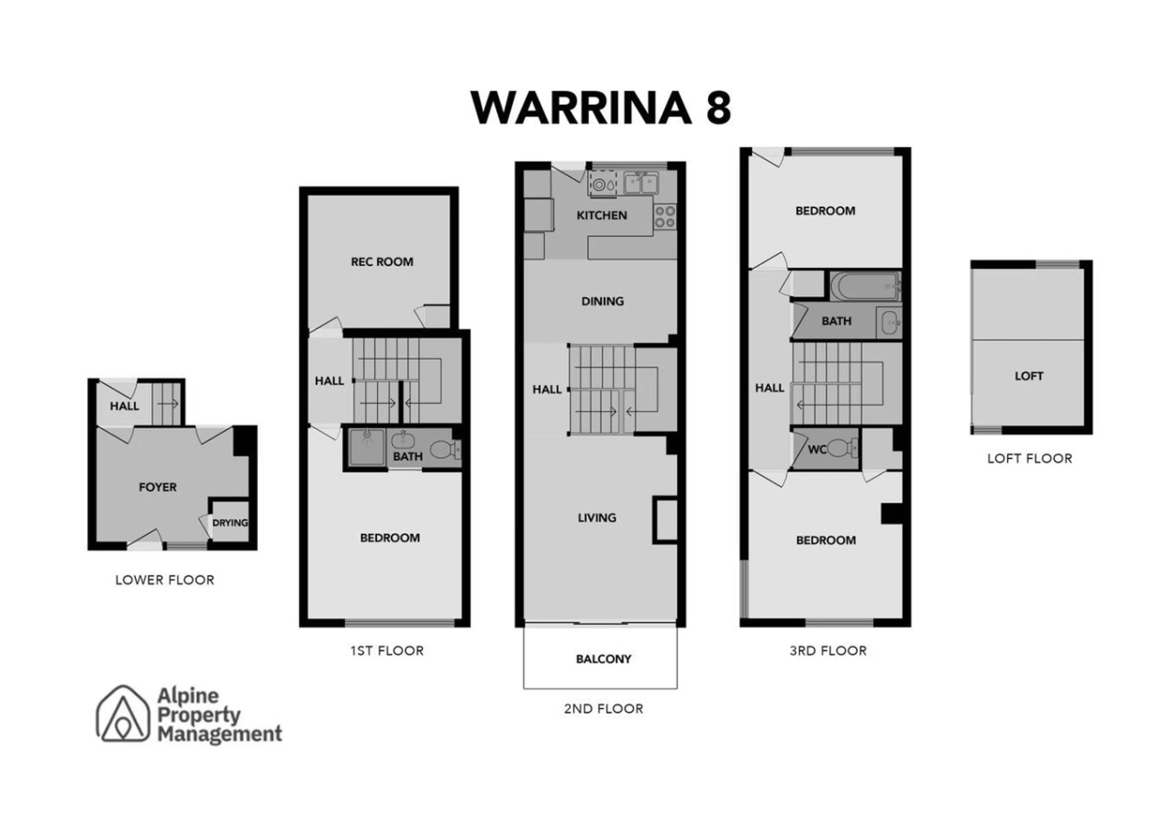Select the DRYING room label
(x=230, y=523)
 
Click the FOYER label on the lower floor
(x=157, y=487)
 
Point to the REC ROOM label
(x=382, y=262)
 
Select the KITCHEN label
(x=602, y=215)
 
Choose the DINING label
(x=602, y=301)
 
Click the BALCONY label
(x=604, y=659)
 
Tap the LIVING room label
(x=597, y=518)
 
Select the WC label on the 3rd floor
(x=817, y=450)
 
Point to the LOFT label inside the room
(x=1029, y=376)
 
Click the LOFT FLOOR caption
(x=1029, y=459)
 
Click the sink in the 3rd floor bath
(x=889, y=322)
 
